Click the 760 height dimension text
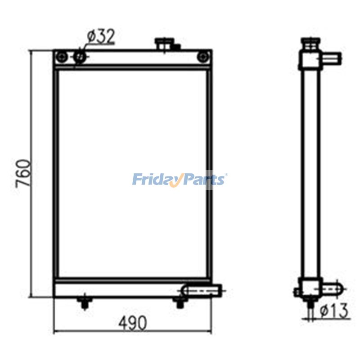coord(24,173)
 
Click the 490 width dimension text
coord(133,323)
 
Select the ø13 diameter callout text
coord(334,310)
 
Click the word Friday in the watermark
coord(156,180)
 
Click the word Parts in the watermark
coord(202,180)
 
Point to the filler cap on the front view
coord(163,44)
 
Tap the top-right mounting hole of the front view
coord(203,57)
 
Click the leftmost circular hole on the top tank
coord(62,57)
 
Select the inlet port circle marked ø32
coord(80,57)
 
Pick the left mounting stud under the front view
coord(84,303)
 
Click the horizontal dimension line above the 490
coord(133,333)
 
